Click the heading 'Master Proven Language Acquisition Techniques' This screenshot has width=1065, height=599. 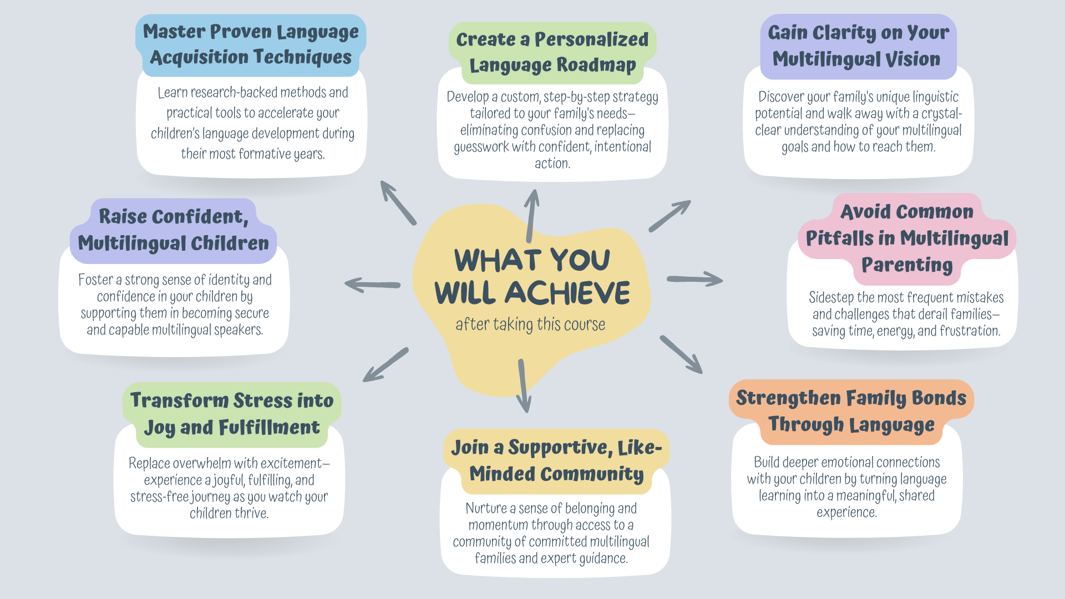point(251,44)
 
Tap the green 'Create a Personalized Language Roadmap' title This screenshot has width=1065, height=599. point(552,52)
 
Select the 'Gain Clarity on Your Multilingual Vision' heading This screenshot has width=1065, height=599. point(858,45)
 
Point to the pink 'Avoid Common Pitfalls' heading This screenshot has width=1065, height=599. point(907,238)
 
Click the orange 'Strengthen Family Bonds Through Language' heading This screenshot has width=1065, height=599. point(851,412)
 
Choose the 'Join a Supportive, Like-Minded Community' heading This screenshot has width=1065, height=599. point(556,461)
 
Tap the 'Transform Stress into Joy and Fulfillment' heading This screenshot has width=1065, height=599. point(232,414)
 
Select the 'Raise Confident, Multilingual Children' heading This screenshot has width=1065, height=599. point(173,230)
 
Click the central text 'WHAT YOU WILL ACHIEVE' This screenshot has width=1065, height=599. point(532,276)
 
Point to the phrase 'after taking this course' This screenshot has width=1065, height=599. point(530,324)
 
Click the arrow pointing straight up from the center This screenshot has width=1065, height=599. point(531,216)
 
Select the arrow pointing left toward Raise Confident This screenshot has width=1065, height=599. point(372,285)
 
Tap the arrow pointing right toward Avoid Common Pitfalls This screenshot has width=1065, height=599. point(695,278)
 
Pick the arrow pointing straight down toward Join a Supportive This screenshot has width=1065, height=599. point(523,386)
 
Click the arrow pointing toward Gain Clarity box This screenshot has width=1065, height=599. point(670,216)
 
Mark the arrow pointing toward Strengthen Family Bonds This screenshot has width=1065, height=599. point(681,354)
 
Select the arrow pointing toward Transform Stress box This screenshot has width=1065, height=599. point(386,365)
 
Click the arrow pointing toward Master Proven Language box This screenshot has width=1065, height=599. point(398,202)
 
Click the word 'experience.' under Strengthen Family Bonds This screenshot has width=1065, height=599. point(846,512)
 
